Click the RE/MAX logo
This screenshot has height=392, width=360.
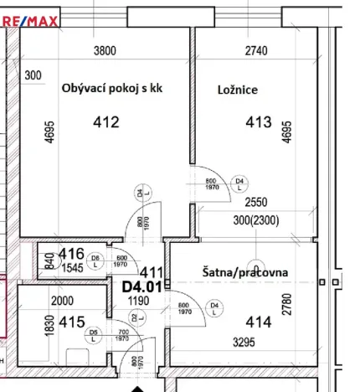pos(29,22)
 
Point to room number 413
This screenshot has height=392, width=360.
pos(258,123)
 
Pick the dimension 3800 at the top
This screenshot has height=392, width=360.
pos(104,51)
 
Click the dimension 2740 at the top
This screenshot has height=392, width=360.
pos(256,51)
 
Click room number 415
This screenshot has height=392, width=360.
pos(71,322)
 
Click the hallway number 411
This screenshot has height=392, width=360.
pos(151,272)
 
